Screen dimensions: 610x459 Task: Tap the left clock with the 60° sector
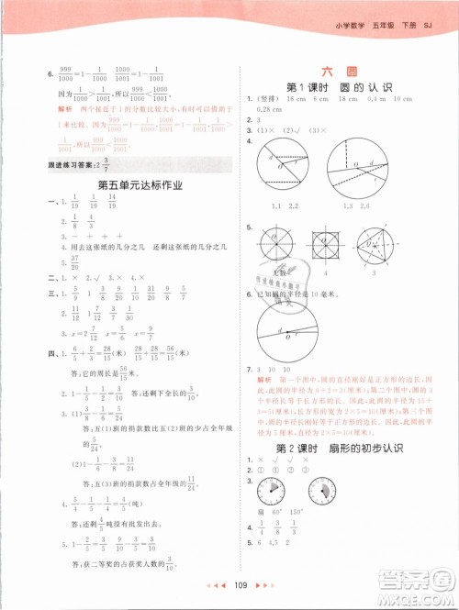click(x=272, y=489)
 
